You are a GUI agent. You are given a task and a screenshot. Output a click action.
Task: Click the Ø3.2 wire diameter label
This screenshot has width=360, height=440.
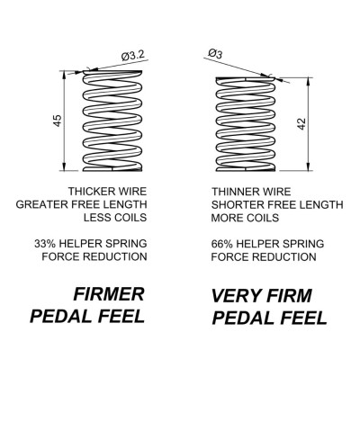(x=133, y=55)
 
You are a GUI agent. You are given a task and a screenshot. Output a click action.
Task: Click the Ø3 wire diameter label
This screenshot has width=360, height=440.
(x=215, y=54)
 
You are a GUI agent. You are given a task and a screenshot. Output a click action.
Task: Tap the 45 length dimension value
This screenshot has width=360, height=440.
(x=58, y=121)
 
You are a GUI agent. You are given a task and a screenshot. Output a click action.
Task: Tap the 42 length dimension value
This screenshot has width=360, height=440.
(x=301, y=124)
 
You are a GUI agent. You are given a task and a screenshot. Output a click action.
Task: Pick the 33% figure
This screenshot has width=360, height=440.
(x=45, y=244)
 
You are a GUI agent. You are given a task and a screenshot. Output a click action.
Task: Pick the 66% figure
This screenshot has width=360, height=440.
(x=222, y=244)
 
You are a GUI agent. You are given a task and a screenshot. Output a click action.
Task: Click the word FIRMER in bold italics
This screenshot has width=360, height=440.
(x=109, y=294)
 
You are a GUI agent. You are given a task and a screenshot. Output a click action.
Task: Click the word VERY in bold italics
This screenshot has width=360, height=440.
(x=236, y=296)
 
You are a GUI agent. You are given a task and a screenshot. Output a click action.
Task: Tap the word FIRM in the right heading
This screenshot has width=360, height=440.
(x=289, y=296)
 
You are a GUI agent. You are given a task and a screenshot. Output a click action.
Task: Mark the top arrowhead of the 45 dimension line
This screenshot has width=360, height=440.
(x=64, y=75)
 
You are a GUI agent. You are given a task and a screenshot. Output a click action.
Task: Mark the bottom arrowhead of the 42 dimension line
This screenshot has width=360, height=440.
(x=308, y=167)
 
